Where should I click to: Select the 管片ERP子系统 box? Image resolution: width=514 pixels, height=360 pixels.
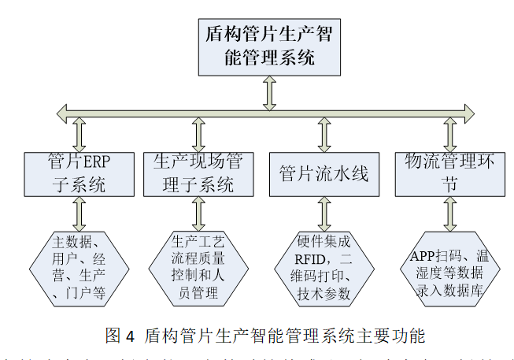(x=78, y=174)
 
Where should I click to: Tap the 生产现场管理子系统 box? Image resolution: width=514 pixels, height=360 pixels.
(x=198, y=174)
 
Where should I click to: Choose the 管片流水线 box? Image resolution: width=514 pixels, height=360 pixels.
(x=324, y=174)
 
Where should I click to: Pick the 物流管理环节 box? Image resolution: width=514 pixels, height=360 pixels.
(x=449, y=174)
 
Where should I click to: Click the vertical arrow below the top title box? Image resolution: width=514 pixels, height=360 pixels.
(x=269, y=93)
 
